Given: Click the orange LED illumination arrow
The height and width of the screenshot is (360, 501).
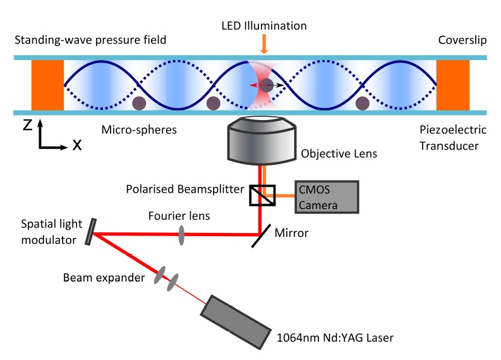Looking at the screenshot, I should (264, 43).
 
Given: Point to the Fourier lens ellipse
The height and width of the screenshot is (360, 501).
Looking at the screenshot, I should (181, 235).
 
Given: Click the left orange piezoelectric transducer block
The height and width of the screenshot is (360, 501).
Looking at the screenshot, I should (47, 85).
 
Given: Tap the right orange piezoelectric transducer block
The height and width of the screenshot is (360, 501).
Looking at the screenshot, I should (452, 85).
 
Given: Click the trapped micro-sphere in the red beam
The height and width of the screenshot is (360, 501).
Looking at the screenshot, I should (267, 85).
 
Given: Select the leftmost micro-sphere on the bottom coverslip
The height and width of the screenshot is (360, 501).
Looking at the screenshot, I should (140, 103).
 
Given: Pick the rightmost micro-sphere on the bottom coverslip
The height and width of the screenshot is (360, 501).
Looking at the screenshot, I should (362, 103).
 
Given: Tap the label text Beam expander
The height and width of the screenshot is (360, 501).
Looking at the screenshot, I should (94, 279).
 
